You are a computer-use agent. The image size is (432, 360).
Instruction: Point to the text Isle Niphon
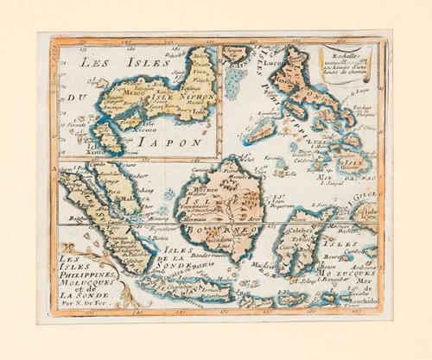[x=180, y=98]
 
